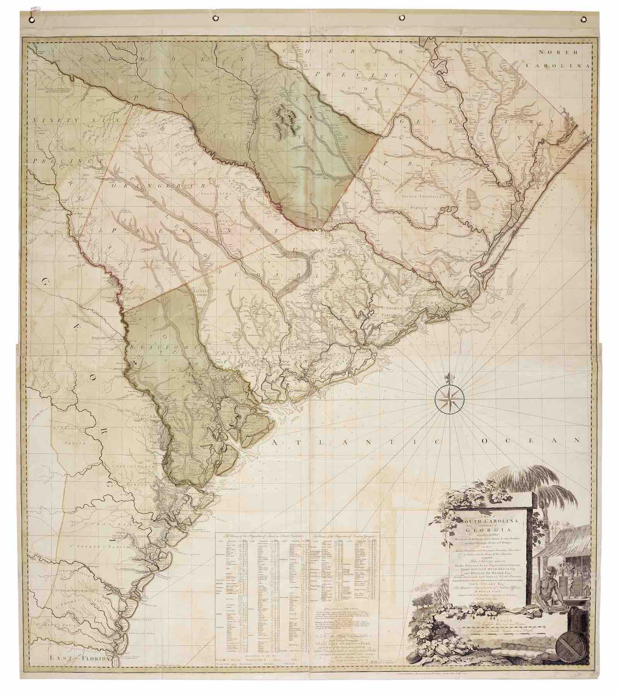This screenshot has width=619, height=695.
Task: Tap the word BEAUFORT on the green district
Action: (160, 348)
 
